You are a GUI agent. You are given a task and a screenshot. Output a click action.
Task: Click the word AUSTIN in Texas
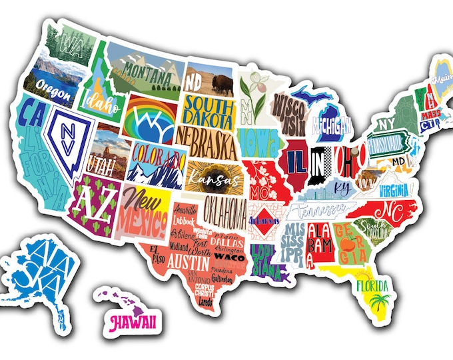click(x=188, y=259)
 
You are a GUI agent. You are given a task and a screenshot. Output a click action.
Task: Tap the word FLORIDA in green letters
click(x=373, y=286)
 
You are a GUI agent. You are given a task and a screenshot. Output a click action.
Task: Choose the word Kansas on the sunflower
click(x=206, y=179)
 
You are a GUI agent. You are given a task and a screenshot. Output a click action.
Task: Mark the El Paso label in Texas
click(x=158, y=251)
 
